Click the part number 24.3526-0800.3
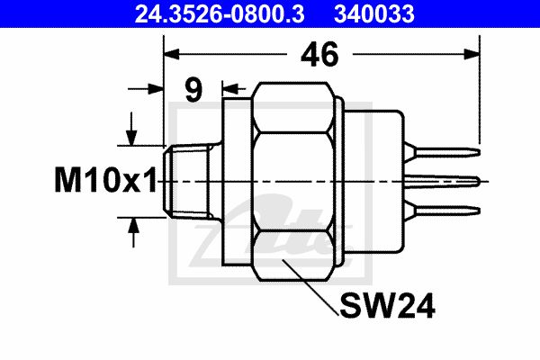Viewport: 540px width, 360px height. coord(220,14)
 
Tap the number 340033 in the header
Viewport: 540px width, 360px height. coord(374,14)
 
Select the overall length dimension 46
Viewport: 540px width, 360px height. coord(319,54)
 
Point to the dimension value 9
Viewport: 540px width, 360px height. coord(193,90)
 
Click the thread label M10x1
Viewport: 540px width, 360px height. coord(105,180)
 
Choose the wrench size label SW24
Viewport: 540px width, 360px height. coord(387,306)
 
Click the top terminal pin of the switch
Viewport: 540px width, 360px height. coord(443,152)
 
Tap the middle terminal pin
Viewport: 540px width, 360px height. coord(443,181)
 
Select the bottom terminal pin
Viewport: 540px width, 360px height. coord(443,210)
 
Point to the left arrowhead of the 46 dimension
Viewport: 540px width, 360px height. coord(172,54)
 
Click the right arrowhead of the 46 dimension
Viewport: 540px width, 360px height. coord(472,54)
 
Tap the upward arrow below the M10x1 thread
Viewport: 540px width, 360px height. coord(133,232)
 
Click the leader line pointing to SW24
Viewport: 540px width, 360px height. coord(310,287)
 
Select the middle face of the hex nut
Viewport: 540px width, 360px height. coord(292,182)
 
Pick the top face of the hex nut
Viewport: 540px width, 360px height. coord(292,107)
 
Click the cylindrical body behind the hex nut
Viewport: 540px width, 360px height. coord(373,181)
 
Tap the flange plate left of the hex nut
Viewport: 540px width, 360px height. coord(237,182)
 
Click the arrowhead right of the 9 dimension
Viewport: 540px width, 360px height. coord(230,89)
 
